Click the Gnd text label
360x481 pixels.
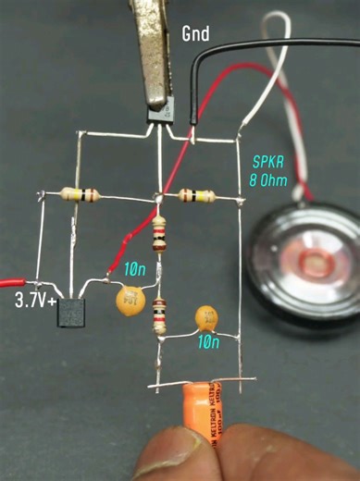pyautogui.click(x=196, y=34)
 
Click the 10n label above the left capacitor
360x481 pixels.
pyautogui.click(x=135, y=270)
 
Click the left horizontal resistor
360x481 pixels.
pyautogui.click(x=81, y=195)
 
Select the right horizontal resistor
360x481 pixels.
pyautogui.click(x=197, y=195)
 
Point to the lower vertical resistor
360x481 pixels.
pyautogui.click(x=159, y=315)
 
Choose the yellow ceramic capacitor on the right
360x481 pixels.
pyautogui.click(x=209, y=319)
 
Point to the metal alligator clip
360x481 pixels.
pyautogui.click(x=155, y=46)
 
